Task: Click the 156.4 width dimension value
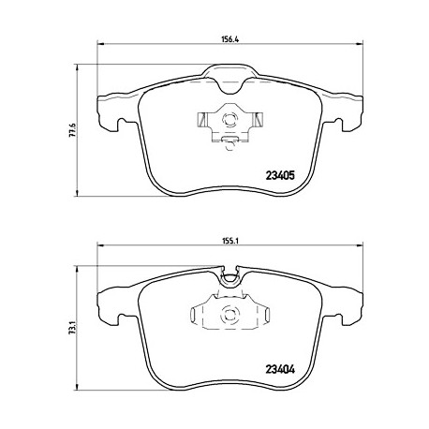pyautogui.click(x=229, y=39)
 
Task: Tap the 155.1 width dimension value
pyautogui.click(x=229, y=241)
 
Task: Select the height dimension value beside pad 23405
pyautogui.click(x=72, y=130)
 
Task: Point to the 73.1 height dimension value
pyautogui.click(x=72, y=328)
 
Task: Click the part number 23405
pyautogui.click(x=280, y=175)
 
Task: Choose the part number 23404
pyautogui.click(x=280, y=370)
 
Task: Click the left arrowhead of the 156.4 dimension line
pyautogui.click(x=101, y=44)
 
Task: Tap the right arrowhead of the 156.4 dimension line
pyautogui.click(x=360, y=44)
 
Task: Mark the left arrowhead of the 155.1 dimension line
pyautogui.click(x=101, y=245)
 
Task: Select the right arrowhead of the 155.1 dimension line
pyautogui.click(x=360, y=245)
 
